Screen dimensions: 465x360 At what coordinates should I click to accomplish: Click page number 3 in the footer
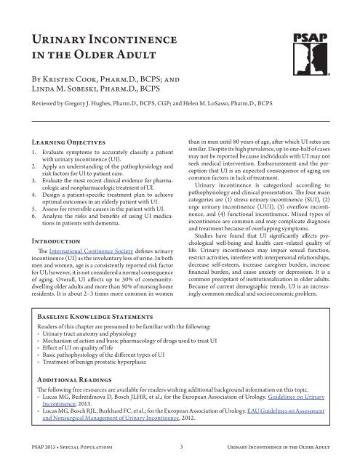tap(180, 458)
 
